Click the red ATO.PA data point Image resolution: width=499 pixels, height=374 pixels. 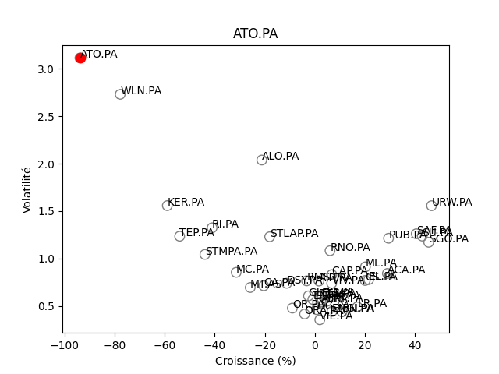click(80, 58)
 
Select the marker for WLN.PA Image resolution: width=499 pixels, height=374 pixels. click(120, 94)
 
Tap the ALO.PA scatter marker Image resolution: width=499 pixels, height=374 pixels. click(262, 160)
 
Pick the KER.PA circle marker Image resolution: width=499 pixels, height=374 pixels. click(167, 206)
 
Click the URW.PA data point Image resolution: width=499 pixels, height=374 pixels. click(431, 206)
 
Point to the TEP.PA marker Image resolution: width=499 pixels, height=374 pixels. click(179, 236)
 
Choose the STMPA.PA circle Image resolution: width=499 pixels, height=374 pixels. click(205, 255)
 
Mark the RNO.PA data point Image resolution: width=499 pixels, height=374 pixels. click(330, 251)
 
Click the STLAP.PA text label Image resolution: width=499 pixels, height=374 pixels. click(294, 234)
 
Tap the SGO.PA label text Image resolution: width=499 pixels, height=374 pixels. click(449, 239)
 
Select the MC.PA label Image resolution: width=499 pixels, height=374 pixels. click(253, 270)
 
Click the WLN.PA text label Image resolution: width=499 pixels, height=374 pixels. click(141, 91)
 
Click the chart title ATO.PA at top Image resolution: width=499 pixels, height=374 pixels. click(255, 34)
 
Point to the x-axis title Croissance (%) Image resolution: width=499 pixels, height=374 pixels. click(255, 361)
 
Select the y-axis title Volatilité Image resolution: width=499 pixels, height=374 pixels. click(27, 189)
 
